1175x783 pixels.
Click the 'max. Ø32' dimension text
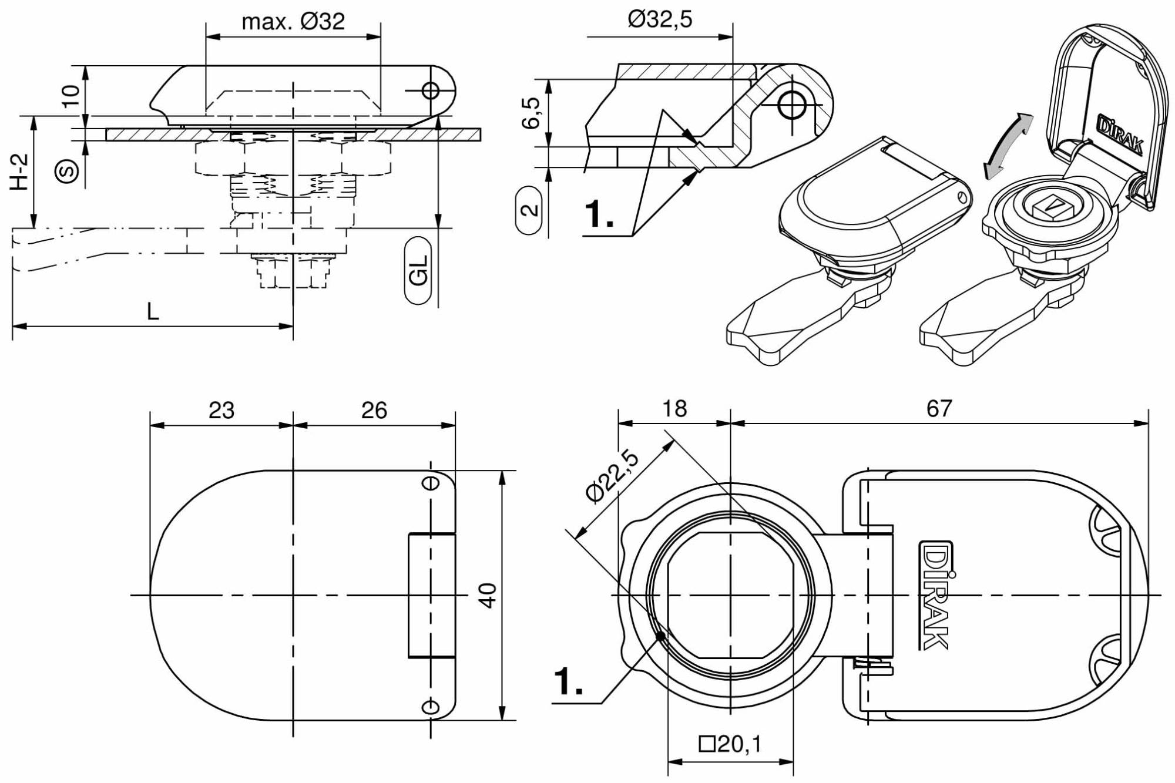(x=293, y=22)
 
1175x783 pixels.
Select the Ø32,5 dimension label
(x=660, y=19)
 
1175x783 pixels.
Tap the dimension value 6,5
(x=531, y=112)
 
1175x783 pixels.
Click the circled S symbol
(x=67, y=172)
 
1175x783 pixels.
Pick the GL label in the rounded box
(x=418, y=270)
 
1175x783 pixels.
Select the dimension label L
(x=152, y=311)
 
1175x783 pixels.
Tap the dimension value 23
(x=221, y=410)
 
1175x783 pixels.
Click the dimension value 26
(x=374, y=410)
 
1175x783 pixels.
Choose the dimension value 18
(x=674, y=409)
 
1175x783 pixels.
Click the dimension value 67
(x=939, y=409)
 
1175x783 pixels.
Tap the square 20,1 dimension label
(x=730, y=744)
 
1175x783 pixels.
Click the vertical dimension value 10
(x=71, y=96)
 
